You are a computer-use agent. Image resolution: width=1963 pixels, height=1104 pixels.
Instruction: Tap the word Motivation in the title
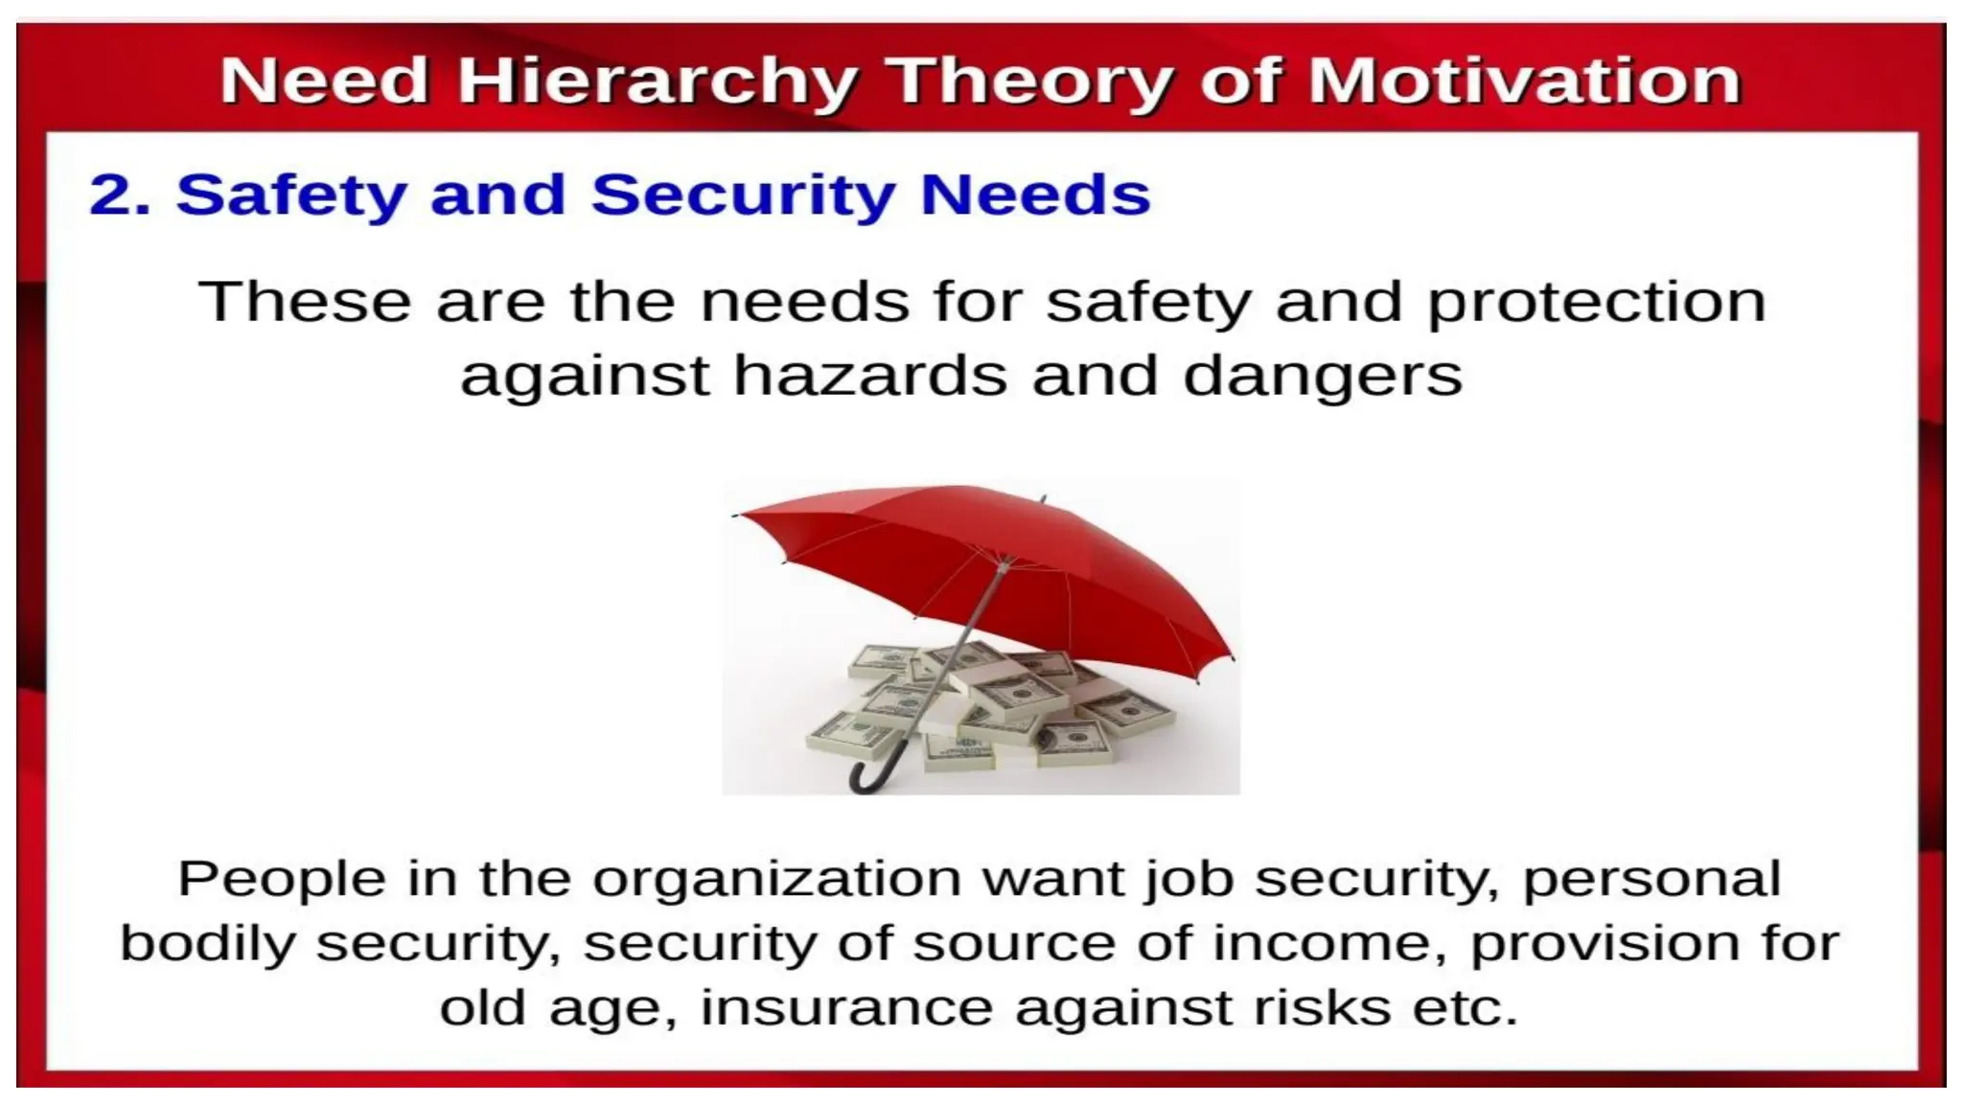[1524, 80]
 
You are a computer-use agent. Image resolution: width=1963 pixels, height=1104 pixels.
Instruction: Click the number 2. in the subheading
[121, 195]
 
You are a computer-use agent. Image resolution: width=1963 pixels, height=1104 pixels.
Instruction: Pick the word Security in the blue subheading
[743, 195]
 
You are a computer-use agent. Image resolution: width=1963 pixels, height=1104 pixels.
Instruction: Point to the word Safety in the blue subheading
[291, 195]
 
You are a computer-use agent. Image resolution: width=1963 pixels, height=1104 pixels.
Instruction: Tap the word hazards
[869, 375]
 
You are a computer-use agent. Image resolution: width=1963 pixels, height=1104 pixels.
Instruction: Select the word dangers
[1323, 377]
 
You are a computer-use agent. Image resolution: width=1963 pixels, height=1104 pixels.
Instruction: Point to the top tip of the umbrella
[1043, 499]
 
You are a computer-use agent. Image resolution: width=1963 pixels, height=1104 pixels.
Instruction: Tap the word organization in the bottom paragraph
[776, 879]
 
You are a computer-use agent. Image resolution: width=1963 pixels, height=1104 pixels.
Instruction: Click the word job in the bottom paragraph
[1189, 879]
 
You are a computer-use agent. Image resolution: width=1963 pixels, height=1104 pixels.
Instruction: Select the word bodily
[207, 944]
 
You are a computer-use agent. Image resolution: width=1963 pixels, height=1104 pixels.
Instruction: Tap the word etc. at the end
[1466, 1008]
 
